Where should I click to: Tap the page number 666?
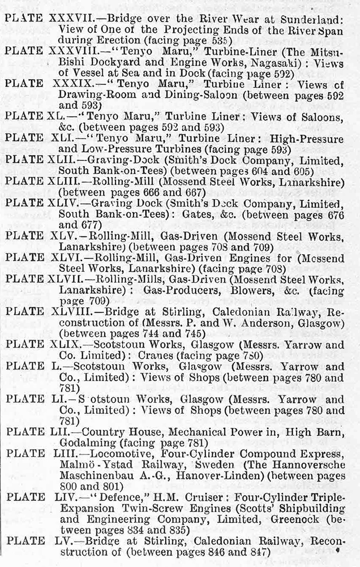click(x=145, y=193)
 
